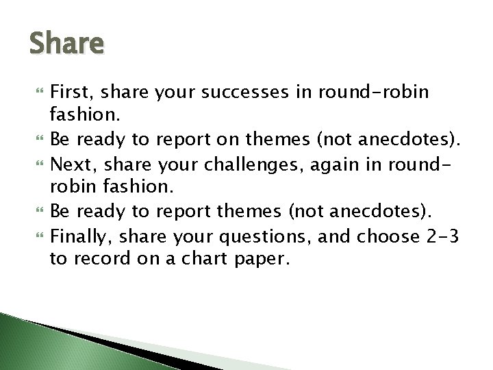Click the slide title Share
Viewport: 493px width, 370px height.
[x=66, y=44]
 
